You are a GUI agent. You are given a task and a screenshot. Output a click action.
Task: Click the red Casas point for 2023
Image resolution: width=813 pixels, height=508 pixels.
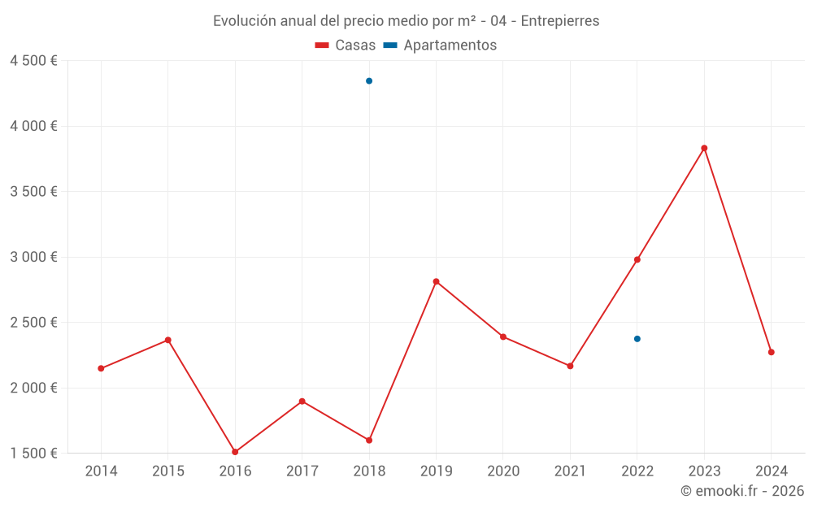coord(704,148)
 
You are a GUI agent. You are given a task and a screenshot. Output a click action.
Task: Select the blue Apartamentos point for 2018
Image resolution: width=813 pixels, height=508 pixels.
coord(369,81)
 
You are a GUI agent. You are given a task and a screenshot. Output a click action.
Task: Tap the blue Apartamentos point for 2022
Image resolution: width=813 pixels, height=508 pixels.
coord(637,339)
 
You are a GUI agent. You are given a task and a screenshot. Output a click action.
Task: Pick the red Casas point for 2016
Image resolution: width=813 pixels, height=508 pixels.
coord(235,452)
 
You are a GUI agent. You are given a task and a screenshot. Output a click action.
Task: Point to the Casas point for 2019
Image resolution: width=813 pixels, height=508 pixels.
coord(436,281)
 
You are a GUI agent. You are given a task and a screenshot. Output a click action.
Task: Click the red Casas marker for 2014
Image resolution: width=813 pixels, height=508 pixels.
coord(101,368)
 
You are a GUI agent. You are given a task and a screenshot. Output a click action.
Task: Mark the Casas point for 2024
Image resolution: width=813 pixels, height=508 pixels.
coord(771,352)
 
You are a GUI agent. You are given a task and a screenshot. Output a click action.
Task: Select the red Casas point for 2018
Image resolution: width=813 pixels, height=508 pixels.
coord(369,440)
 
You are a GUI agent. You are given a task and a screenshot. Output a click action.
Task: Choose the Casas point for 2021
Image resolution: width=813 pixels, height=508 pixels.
coord(570,366)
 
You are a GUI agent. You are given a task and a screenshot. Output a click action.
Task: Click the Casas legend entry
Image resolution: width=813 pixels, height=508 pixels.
coord(346,46)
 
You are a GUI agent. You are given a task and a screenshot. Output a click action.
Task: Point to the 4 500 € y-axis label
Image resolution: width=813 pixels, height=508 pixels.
coord(33,61)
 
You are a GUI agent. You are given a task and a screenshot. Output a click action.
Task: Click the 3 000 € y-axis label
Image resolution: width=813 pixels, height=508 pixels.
coord(33,257)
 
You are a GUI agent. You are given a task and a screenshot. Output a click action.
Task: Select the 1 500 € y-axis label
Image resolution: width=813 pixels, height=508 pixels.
coord(33,453)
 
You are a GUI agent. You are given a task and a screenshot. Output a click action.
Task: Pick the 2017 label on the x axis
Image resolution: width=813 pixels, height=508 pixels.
coord(302,471)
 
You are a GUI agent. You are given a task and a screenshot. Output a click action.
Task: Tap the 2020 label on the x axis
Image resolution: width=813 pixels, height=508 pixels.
coord(503,471)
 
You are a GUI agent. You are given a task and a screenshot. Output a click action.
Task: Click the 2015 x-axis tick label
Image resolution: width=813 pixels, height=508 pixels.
coord(168,471)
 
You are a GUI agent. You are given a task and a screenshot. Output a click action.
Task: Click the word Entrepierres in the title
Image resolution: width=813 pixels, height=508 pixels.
coord(559,21)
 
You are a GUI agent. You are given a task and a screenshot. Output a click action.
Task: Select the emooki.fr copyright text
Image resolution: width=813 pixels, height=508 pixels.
coord(742,491)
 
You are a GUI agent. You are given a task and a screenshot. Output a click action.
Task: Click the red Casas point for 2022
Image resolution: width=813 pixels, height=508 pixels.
coord(637,259)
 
